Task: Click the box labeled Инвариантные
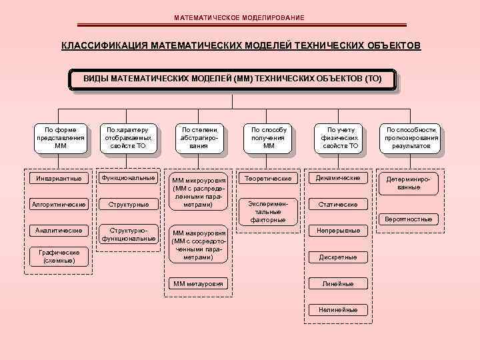click(59, 179)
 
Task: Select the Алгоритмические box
click(59, 204)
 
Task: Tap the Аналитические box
click(59, 230)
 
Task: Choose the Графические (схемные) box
click(59, 256)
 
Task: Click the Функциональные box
click(129, 178)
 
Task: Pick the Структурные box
click(129, 204)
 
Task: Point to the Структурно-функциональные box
click(129, 233)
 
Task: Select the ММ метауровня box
click(199, 285)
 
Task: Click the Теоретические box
click(269, 179)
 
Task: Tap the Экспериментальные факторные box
click(269, 211)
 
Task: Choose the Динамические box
click(339, 178)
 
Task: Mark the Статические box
click(339, 204)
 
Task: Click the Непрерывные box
click(339, 230)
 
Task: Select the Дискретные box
click(339, 257)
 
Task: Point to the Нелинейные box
click(339, 309)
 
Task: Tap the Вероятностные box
click(409, 219)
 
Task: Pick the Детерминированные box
click(409, 183)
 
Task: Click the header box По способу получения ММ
click(269, 137)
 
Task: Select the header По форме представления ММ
click(60, 137)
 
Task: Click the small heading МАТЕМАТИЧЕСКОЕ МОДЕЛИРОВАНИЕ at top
click(239, 17)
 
